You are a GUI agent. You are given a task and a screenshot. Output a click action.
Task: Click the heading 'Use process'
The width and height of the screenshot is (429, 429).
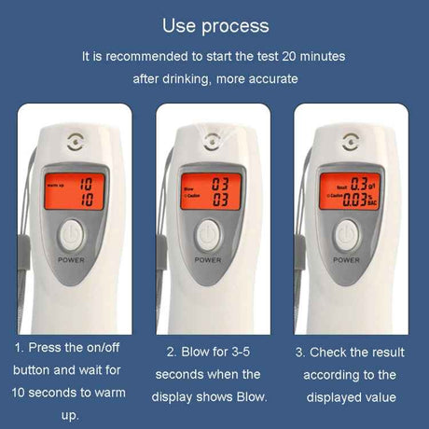pos(214,25)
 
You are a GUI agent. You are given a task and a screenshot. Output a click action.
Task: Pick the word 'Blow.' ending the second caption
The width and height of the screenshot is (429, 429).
pos(249,396)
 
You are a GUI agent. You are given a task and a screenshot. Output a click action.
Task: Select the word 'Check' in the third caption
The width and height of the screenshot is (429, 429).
pos(333,352)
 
